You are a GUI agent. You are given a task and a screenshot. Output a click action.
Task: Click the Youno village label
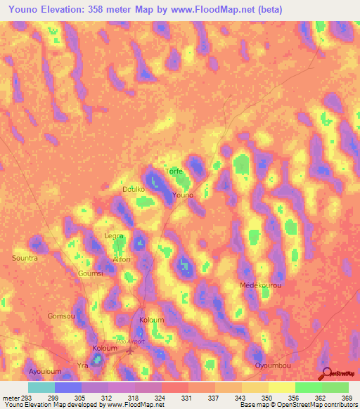182,195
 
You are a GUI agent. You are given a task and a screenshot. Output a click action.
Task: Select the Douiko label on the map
133,190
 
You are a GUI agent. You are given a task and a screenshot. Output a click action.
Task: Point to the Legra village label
114,237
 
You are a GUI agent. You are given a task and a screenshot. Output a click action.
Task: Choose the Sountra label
25,258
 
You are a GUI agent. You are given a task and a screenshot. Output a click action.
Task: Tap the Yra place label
82,366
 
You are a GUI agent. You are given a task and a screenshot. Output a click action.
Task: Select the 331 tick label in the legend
187,398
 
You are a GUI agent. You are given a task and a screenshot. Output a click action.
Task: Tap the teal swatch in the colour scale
41,387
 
